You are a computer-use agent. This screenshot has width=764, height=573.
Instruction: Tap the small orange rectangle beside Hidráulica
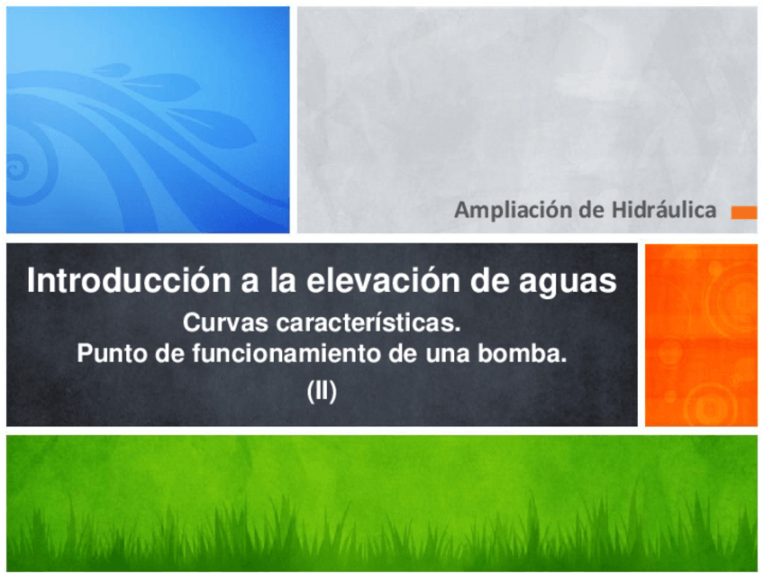pos(743,213)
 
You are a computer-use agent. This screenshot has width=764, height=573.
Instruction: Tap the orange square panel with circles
pos(701,334)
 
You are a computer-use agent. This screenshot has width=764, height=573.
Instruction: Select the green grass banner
pos(381,503)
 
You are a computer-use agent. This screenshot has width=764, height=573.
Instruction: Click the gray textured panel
pos(527,108)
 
